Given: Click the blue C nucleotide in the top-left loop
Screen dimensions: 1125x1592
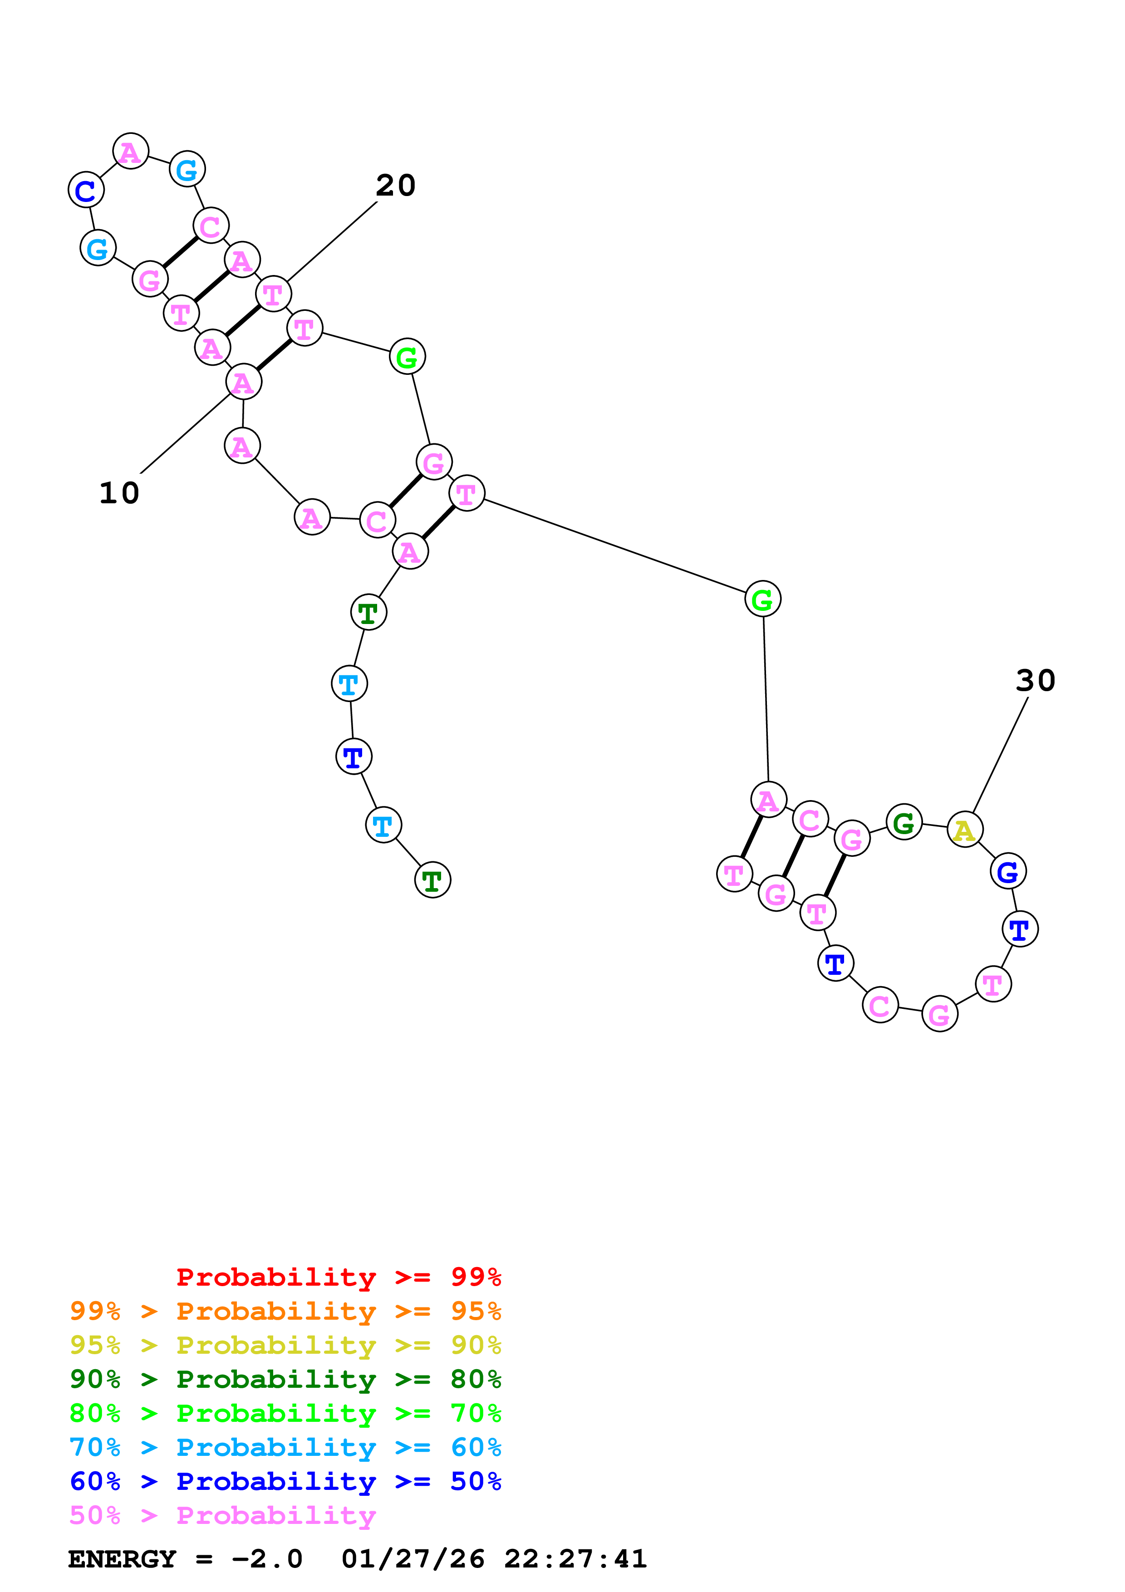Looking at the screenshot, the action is [x=86, y=190].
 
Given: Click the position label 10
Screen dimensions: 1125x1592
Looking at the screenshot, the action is [x=119, y=493].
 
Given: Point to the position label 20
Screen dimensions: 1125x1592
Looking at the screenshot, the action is [x=396, y=185].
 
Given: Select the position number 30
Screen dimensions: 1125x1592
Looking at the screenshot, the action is [x=1036, y=680].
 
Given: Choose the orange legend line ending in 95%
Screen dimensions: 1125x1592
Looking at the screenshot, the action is [x=285, y=1311].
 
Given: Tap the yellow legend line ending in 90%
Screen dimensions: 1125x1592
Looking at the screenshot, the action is [x=285, y=1345].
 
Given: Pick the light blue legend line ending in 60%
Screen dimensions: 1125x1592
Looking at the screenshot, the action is [x=285, y=1447].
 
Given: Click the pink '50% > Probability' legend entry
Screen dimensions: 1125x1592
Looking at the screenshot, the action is [x=222, y=1515].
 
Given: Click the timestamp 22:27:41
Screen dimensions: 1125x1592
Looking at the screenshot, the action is [x=575, y=1559].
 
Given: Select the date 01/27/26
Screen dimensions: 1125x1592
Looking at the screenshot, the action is [x=413, y=1559].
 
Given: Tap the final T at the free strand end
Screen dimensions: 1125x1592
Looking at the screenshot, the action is [x=432, y=880].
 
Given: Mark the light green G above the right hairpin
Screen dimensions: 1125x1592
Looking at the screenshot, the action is [x=762, y=599].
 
